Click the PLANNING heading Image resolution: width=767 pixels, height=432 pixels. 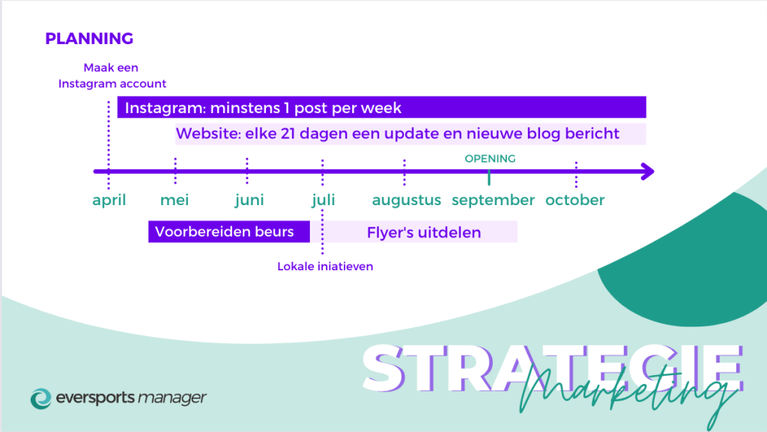[x=89, y=39]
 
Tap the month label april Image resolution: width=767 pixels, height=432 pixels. [x=109, y=201]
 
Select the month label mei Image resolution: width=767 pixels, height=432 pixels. [x=175, y=200]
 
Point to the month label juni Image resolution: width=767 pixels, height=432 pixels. [x=249, y=201]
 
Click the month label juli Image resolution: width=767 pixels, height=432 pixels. [x=324, y=201]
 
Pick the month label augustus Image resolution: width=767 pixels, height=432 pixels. [x=407, y=201]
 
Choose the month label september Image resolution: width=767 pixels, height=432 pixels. [x=493, y=201]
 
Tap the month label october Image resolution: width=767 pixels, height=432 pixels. [x=575, y=200]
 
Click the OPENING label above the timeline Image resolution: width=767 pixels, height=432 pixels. [x=490, y=159]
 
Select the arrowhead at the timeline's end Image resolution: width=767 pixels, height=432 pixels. [x=648, y=171]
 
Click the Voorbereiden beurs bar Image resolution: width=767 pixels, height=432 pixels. [x=229, y=231]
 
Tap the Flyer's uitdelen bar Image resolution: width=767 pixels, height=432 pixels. [x=422, y=231]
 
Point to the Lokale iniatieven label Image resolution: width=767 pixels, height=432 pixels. [x=325, y=267]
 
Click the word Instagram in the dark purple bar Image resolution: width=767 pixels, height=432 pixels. [x=165, y=108]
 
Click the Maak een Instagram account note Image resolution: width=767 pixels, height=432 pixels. [x=112, y=76]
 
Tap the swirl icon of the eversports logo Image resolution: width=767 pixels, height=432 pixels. [x=41, y=399]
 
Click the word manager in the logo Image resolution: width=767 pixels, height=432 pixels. [x=172, y=398]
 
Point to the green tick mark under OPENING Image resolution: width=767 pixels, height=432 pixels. [x=489, y=177]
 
